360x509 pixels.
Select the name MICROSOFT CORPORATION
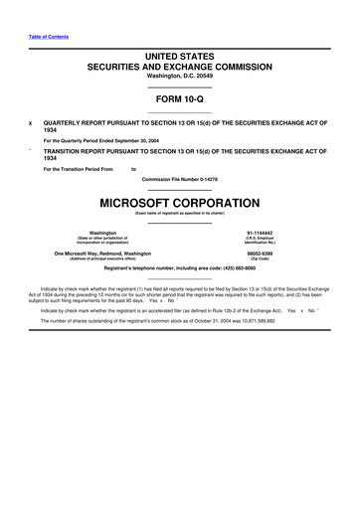pyautogui.click(x=180, y=202)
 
